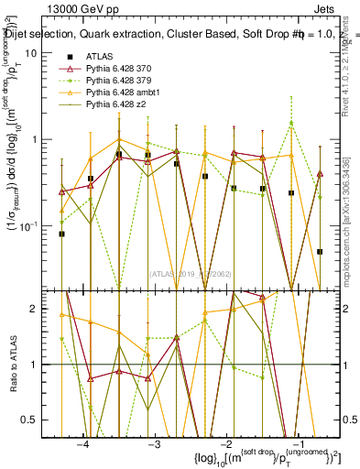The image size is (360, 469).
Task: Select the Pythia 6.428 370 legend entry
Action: [x=117, y=70]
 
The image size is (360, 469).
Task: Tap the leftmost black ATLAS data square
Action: [x=61, y=234]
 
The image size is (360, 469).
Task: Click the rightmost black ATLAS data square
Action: [x=320, y=251]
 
